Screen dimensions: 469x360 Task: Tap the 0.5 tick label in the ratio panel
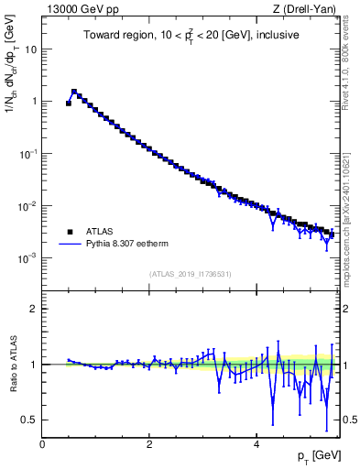30,420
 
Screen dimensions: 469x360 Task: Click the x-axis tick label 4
256,443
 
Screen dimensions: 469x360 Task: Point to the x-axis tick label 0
42,443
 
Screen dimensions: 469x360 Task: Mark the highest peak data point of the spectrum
74,92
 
